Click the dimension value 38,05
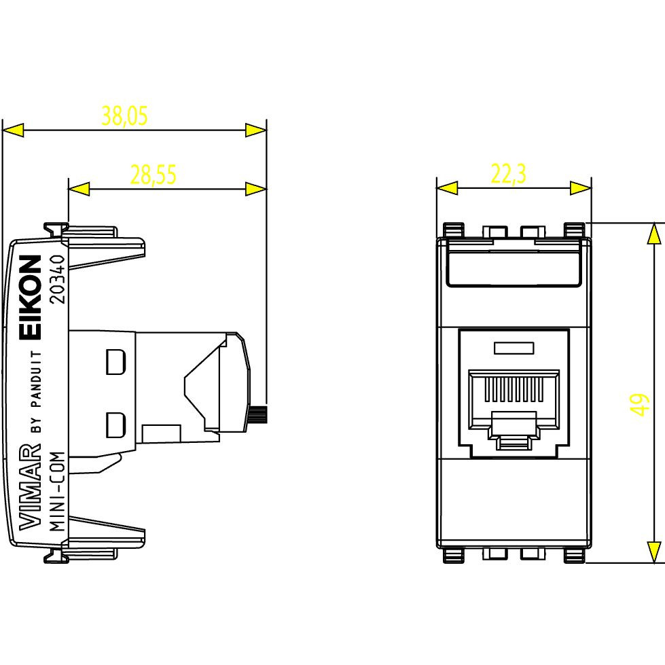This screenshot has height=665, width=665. click(x=124, y=116)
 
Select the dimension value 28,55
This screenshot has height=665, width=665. click(x=154, y=175)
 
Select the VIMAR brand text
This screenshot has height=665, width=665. click(x=29, y=486)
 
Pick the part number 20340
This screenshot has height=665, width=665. click(x=58, y=279)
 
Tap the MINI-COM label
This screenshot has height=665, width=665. click(x=58, y=491)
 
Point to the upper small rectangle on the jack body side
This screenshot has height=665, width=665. click(x=116, y=361)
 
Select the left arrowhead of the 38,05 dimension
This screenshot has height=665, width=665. click(x=14, y=130)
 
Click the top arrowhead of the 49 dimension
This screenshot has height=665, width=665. click(x=653, y=233)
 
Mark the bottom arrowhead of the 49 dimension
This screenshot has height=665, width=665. click(x=653, y=552)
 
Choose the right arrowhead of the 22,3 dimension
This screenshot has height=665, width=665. click(x=581, y=188)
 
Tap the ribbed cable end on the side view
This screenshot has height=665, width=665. click(x=259, y=412)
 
